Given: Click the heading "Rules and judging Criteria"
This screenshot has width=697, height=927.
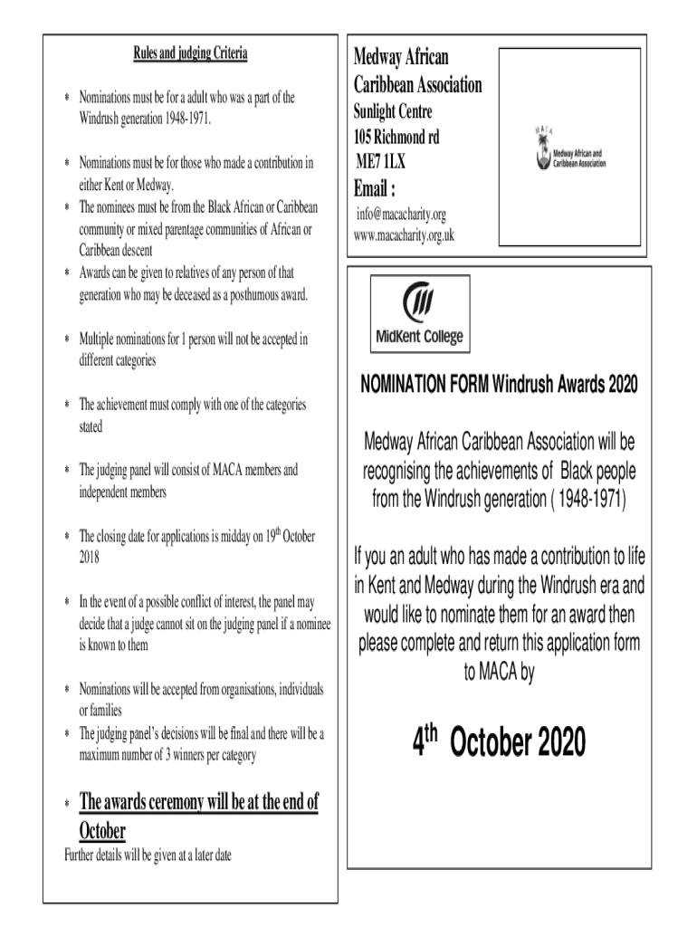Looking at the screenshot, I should tap(190, 54).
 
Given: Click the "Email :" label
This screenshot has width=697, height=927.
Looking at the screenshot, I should tap(373, 190).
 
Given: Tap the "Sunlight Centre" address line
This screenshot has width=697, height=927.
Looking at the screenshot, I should tap(391, 112).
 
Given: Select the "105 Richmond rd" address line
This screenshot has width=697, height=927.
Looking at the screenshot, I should tap(396, 139).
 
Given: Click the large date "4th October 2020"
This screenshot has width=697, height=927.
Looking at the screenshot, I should tap(499, 744).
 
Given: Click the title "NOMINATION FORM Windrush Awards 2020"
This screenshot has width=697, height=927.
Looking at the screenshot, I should tap(499, 385).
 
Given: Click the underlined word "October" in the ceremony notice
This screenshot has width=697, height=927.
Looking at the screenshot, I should tap(102, 830).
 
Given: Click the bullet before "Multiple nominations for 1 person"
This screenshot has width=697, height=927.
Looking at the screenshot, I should tap(66, 340).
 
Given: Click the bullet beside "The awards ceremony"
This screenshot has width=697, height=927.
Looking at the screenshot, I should tap(66, 804).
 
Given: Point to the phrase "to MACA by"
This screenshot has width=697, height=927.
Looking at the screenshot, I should tap(499, 674).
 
